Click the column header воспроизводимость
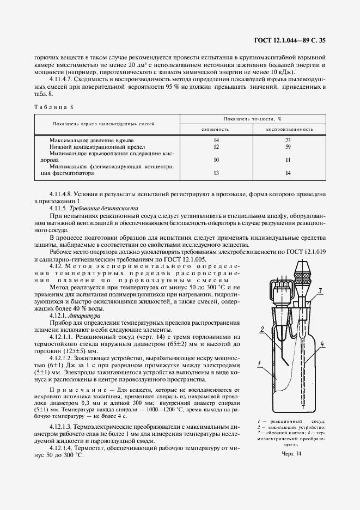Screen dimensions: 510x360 pyautogui.click(x=289, y=130)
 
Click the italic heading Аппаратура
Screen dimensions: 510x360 pyautogui.click(x=79, y=315)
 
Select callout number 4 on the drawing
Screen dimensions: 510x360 pyautogui.click(x=323, y=343)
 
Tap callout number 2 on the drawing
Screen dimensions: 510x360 pyautogui.click(x=262, y=328)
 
